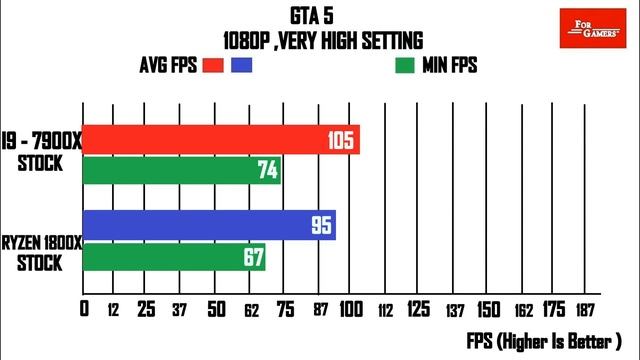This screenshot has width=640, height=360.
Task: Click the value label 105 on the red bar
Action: click(341, 141)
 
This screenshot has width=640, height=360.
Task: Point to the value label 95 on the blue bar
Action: click(321, 225)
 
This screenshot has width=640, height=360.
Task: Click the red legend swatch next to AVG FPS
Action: click(211, 66)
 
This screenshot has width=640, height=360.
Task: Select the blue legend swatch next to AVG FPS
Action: click(241, 66)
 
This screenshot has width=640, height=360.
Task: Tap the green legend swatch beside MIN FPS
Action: click(405, 66)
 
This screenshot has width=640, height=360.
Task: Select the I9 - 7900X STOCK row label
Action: click(40, 151)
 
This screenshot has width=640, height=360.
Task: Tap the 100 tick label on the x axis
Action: click(353, 310)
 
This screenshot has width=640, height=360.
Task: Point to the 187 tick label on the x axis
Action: click(587, 310)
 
